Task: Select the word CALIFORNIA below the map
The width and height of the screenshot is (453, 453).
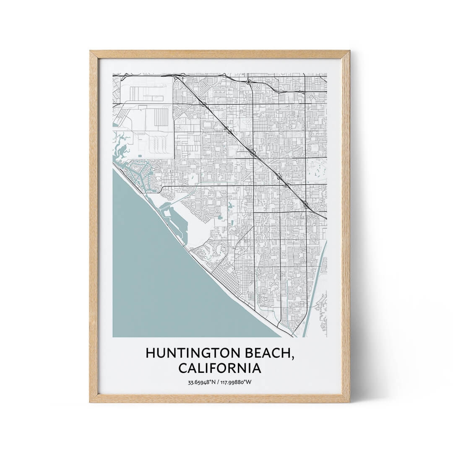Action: coord(219,368)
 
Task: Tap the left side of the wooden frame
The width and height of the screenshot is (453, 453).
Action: coord(94,226)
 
